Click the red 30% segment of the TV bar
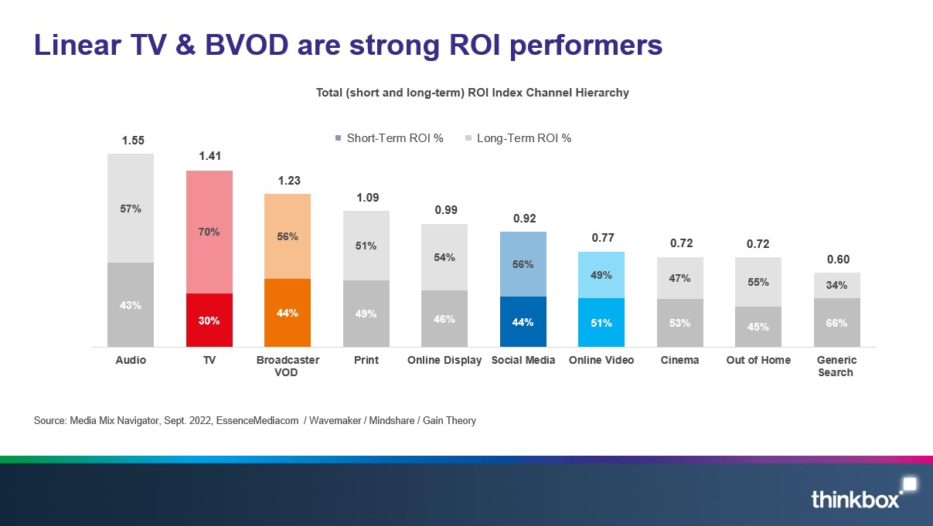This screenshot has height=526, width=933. (x=209, y=320)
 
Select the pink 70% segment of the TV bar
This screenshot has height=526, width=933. (x=209, y=232)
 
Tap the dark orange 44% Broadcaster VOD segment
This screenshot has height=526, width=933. (x=288, y=313)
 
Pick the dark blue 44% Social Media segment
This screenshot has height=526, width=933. (x=523, y=322)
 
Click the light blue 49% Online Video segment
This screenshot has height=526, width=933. (x=602, y=275)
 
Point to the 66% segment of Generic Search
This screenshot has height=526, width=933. (x=836, y=323)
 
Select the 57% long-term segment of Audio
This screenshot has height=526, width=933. (x=131, y=209)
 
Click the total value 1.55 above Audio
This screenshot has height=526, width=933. (x=132, y=141)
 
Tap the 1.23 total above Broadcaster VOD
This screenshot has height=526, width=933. (x=288, y=180)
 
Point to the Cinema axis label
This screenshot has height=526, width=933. (x=680, y=360)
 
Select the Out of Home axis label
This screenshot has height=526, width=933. (x=758, y=360)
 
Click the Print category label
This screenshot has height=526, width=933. (x=366, y=360)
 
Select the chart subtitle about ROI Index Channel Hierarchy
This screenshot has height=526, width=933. (x=472, y=93)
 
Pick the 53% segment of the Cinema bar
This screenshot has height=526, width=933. (x=680, y=323)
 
